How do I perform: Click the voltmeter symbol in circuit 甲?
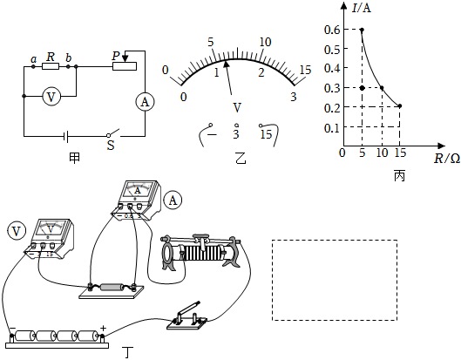tap(51, 97)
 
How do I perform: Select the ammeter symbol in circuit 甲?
tap(145, 102)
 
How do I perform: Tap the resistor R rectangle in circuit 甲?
tap(51, 66)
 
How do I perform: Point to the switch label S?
tap(111, 145)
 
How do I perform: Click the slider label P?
tap(116, 56)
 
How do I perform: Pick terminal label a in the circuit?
tap(34, 59)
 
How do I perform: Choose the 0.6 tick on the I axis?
tap(332, 30)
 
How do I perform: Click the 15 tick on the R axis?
tap(400, 153)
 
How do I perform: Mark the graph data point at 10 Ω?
tap(382, 88)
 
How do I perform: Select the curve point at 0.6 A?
tap(362, 30)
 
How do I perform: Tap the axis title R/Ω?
tap(447, 159)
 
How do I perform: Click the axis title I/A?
tap(362, 8)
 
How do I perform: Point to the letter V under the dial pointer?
tap(237, 108)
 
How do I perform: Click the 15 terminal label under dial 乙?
tap(266, 134)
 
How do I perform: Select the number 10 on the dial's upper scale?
tap(265, 42)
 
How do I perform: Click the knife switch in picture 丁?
tap(187, 317)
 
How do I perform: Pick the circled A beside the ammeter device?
tap(173, 200)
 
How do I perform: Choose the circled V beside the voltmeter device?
tap(17, 231)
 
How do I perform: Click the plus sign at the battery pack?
tap(103, 328)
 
